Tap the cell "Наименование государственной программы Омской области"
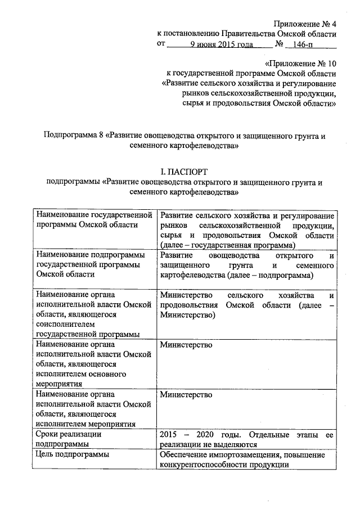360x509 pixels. pos(94,220)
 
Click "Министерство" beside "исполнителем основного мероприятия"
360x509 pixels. pos(186,344)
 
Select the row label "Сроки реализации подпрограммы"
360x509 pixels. pos(68,439)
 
